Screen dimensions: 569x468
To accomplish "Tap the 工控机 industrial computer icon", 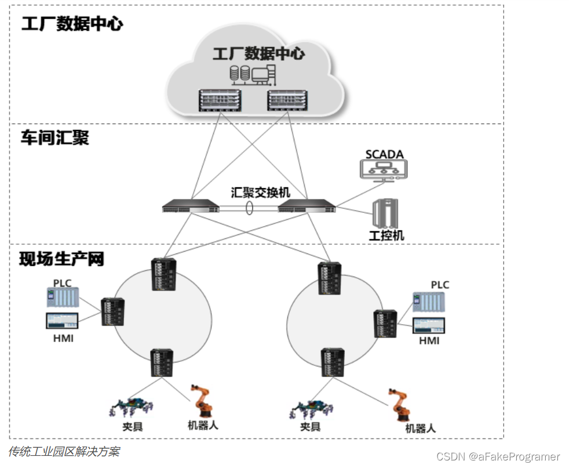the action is pyautogui.click(x=385, y=213).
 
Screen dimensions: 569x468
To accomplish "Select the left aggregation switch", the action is pyautogui.click(x=191, y=205).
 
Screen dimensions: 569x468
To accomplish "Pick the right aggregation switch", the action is pyautogui.click(x=307, y=205).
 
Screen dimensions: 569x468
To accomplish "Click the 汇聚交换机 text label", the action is pyautogui.click(x=260, y=192).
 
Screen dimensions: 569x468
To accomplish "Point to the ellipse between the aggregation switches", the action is pyautogui.click(x=249, y=208).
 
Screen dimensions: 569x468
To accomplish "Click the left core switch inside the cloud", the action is pyautogui.click(x=220, y=100).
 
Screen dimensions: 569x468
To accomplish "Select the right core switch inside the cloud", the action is pyautogui.click(x=287, y=100).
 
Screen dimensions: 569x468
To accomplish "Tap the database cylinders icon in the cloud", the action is pyautogui.click(x=240, y=73).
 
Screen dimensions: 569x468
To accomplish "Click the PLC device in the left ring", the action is pyautogui.click(x=63, y=298).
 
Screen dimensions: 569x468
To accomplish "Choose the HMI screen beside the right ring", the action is pyautogui.click(x=429, y=326).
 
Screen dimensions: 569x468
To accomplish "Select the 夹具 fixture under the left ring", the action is pyautogui.click(x=132, y=408).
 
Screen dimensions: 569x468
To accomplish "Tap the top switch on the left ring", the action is pyautogui.click(x=163, y=274).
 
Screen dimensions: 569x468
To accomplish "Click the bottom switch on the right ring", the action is pyautogui.click(x=333, y=362).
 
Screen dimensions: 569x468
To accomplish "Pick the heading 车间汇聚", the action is pyautogui.click(x=55, y=137).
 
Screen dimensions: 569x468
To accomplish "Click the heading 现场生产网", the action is pyautogui.click(x=61, y=259).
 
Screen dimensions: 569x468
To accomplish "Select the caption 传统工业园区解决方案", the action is pyautogui.click(x=64, y=451).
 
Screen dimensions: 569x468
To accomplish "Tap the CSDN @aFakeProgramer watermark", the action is pyautogui.click(x=498, y=456).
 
